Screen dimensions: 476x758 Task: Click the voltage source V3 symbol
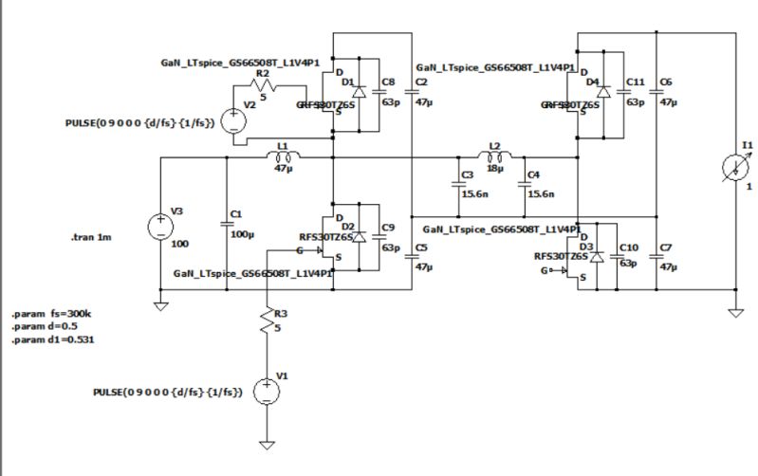160,229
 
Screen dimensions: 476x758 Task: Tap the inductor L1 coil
282,156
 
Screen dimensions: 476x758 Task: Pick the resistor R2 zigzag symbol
264,84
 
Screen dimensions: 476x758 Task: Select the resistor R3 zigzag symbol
268,322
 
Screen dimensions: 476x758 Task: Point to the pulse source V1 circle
268,390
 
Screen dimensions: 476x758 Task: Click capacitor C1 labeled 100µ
227,224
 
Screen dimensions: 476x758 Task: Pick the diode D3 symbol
596,256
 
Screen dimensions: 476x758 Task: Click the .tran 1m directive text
92,237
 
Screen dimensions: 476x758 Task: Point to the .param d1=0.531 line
52,339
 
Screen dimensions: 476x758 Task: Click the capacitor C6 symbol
656,92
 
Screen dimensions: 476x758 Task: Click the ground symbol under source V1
268,442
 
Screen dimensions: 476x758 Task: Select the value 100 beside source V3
179,243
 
